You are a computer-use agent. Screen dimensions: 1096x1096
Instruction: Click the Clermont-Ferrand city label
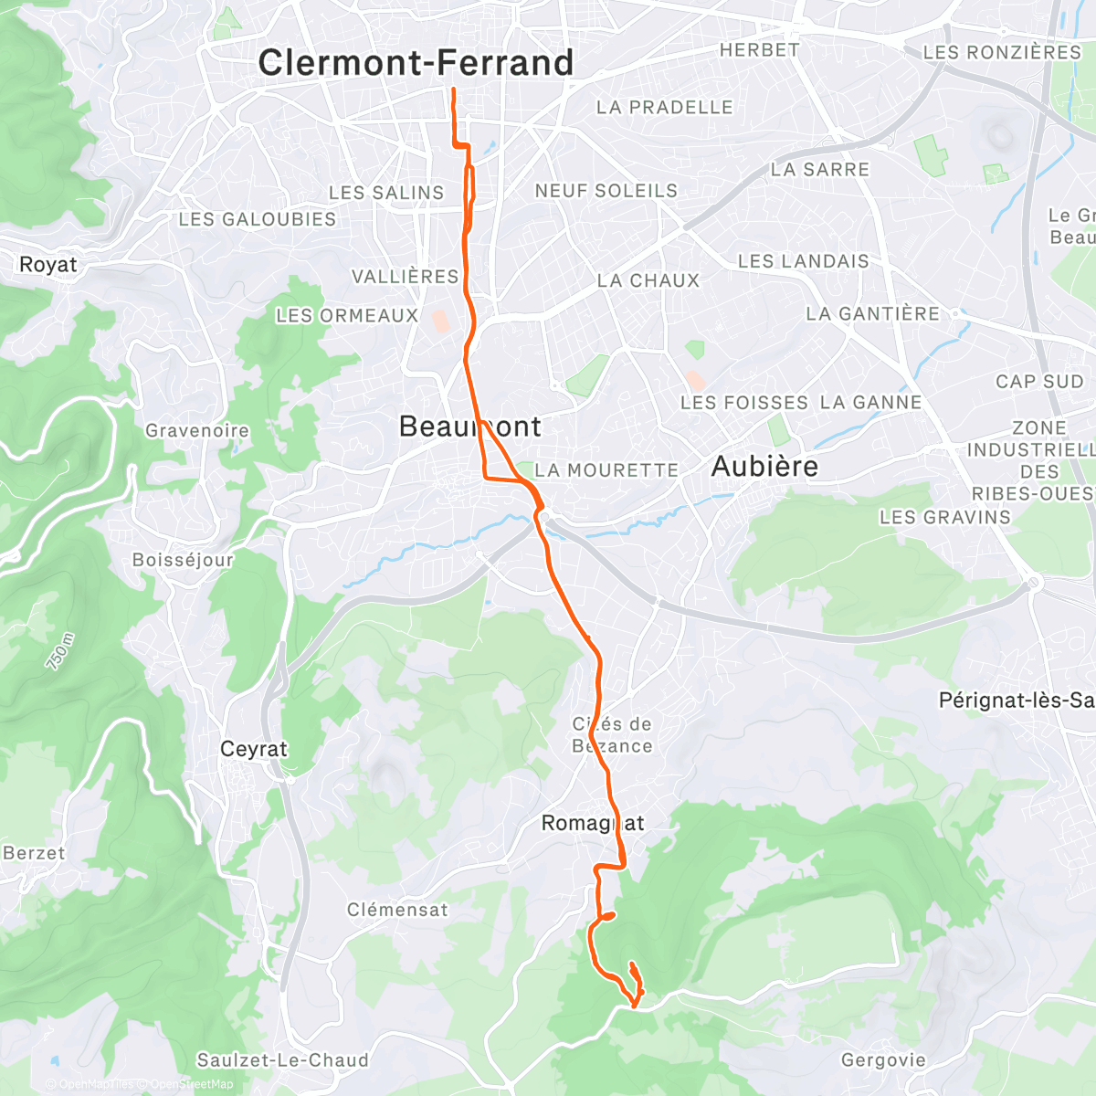[416, 63]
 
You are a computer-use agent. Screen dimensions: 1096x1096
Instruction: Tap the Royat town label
[48, 265]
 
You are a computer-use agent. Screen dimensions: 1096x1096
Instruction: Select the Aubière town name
[764, 467]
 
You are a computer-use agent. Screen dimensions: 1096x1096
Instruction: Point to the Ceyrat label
[254, 749]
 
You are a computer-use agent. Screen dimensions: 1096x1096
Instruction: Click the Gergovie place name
[883, 1060]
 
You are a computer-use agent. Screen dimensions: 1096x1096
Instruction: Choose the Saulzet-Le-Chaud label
[283, 1060]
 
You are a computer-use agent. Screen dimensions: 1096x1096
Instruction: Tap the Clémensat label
[397, 910]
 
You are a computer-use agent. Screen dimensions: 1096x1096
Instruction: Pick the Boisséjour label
[183, 560]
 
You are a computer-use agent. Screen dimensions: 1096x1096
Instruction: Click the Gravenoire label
[197, 430]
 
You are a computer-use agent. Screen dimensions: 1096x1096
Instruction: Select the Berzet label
[35, 853]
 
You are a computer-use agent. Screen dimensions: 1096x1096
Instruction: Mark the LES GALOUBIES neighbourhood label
[258, 219]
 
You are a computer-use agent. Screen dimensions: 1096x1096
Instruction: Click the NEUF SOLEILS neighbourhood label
[606, 191]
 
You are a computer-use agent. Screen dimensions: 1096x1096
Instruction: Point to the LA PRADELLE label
[665, 108]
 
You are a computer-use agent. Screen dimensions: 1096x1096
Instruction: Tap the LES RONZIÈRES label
[1002, 53]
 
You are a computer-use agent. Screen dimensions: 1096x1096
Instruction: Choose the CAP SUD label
[1039, 382]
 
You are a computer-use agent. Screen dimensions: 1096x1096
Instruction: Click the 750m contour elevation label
[58, 650]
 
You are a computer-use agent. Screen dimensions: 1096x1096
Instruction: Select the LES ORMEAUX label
[347, 316]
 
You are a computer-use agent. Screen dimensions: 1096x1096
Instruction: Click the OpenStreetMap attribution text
[192, 1084]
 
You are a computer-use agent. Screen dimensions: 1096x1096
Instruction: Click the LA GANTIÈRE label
[872, 314]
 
